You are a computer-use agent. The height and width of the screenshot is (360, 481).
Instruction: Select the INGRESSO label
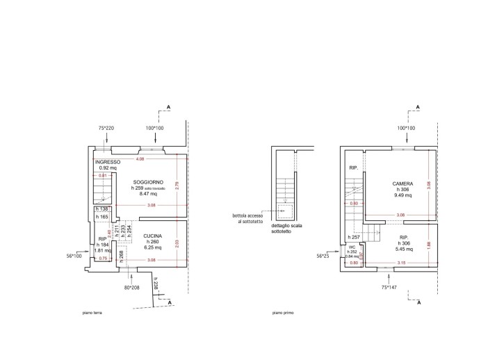108,162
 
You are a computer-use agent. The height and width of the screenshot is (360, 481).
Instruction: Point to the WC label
352,247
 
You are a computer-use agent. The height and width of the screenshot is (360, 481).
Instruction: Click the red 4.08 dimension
140,158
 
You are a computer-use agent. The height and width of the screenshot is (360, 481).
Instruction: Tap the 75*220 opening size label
106,129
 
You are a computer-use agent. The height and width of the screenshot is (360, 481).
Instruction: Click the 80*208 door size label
132,286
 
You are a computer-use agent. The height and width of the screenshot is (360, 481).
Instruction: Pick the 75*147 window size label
389,286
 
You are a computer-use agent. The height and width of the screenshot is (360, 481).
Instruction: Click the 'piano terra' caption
92,313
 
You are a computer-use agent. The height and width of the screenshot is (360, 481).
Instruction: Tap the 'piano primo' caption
283,313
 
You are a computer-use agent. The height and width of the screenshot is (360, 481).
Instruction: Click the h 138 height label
101,209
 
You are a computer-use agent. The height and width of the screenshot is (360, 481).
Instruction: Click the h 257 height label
354,237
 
